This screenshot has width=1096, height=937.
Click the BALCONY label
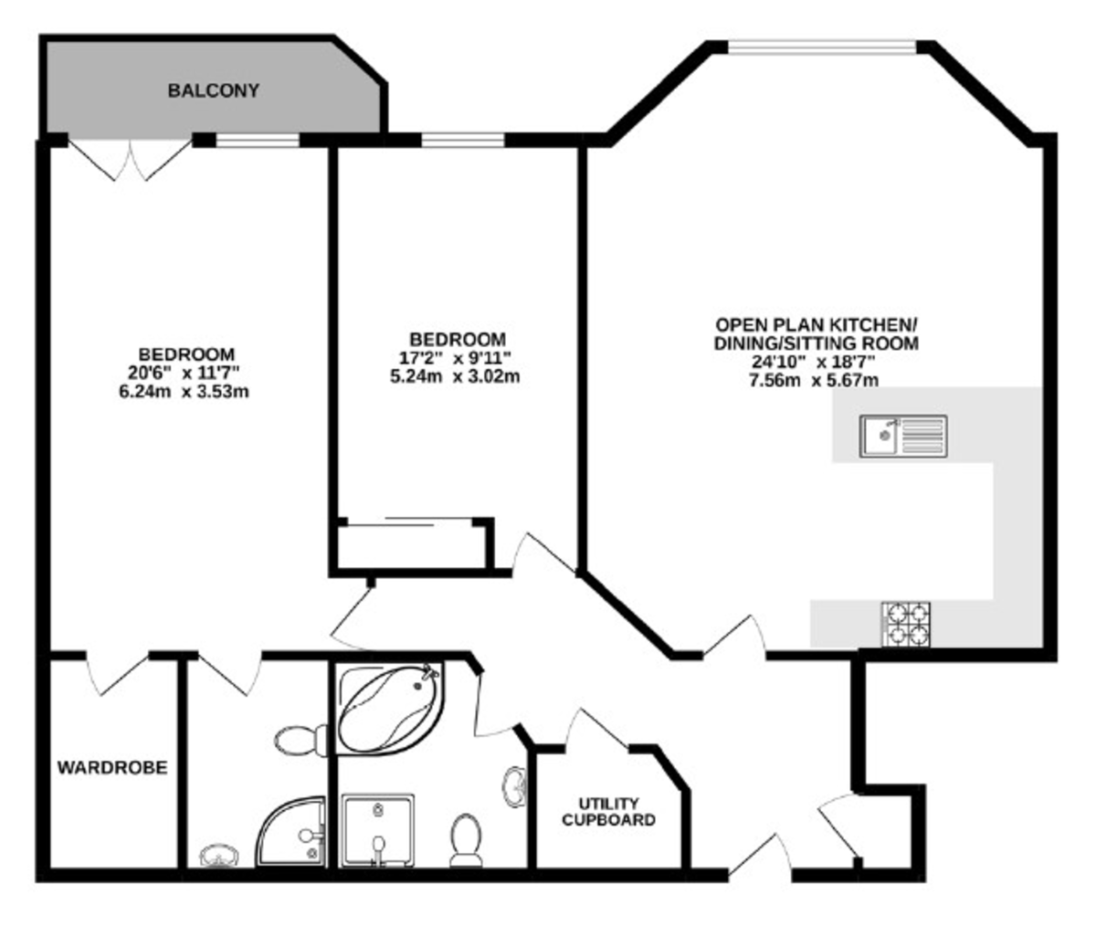(214, 90)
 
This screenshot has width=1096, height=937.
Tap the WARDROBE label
(112, 767)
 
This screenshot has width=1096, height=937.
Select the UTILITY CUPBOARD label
(608, 811)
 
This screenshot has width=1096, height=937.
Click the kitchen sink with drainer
(903, 436)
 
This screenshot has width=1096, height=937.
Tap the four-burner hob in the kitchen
(906, 624)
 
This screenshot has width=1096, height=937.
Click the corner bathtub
(390, 709)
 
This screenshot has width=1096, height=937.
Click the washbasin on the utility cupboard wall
(514, 787)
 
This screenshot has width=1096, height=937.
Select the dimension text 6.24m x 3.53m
(184, 392)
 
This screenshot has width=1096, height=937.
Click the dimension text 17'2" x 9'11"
(455, 358)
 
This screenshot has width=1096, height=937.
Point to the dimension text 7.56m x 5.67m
(814, 380)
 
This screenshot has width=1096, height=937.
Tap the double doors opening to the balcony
(130, 159)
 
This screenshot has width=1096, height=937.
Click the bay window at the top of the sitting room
(822, 47)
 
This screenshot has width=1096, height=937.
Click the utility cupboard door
(597, 729)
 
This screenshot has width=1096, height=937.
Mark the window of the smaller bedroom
(463, 140)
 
